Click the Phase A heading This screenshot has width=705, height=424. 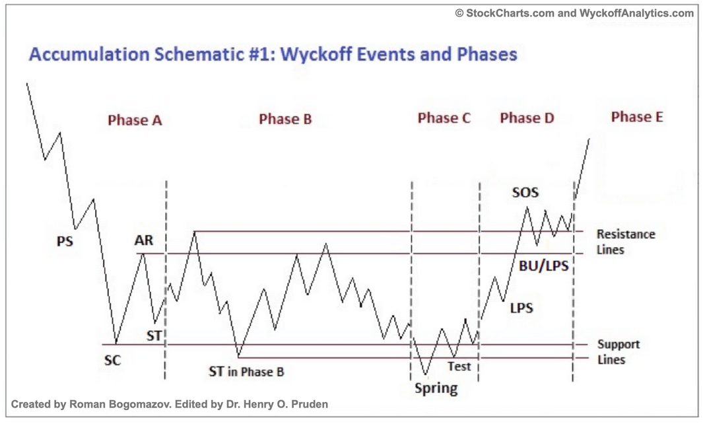135,120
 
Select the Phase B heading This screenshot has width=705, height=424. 285,120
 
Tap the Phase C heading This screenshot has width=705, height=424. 444,118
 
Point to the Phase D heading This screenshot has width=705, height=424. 527,118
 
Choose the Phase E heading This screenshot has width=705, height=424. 637,117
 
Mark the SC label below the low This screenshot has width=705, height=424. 113,361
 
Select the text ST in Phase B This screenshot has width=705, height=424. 246,372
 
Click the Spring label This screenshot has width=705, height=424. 436,388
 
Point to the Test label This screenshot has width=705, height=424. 459,366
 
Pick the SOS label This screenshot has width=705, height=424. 525,193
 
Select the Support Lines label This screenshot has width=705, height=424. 618,352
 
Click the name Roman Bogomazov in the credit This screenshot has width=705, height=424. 122,404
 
